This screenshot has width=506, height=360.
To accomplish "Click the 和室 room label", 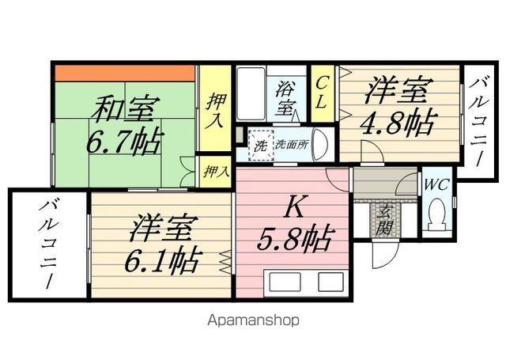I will click(127, 109).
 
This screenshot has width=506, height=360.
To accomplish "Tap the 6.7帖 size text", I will click(124, 142).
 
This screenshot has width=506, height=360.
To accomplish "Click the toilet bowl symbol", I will click(436, 214).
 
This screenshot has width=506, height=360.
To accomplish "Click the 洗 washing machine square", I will click(259, 146).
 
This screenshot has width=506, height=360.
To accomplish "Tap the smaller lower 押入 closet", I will click(214, 170).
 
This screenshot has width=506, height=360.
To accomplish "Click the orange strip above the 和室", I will click(126, 73).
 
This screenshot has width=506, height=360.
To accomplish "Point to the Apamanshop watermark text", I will click(253, 320).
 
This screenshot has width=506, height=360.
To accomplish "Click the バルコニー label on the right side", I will click(480, 119).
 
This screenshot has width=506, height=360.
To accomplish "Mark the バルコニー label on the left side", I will click(48, 244).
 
